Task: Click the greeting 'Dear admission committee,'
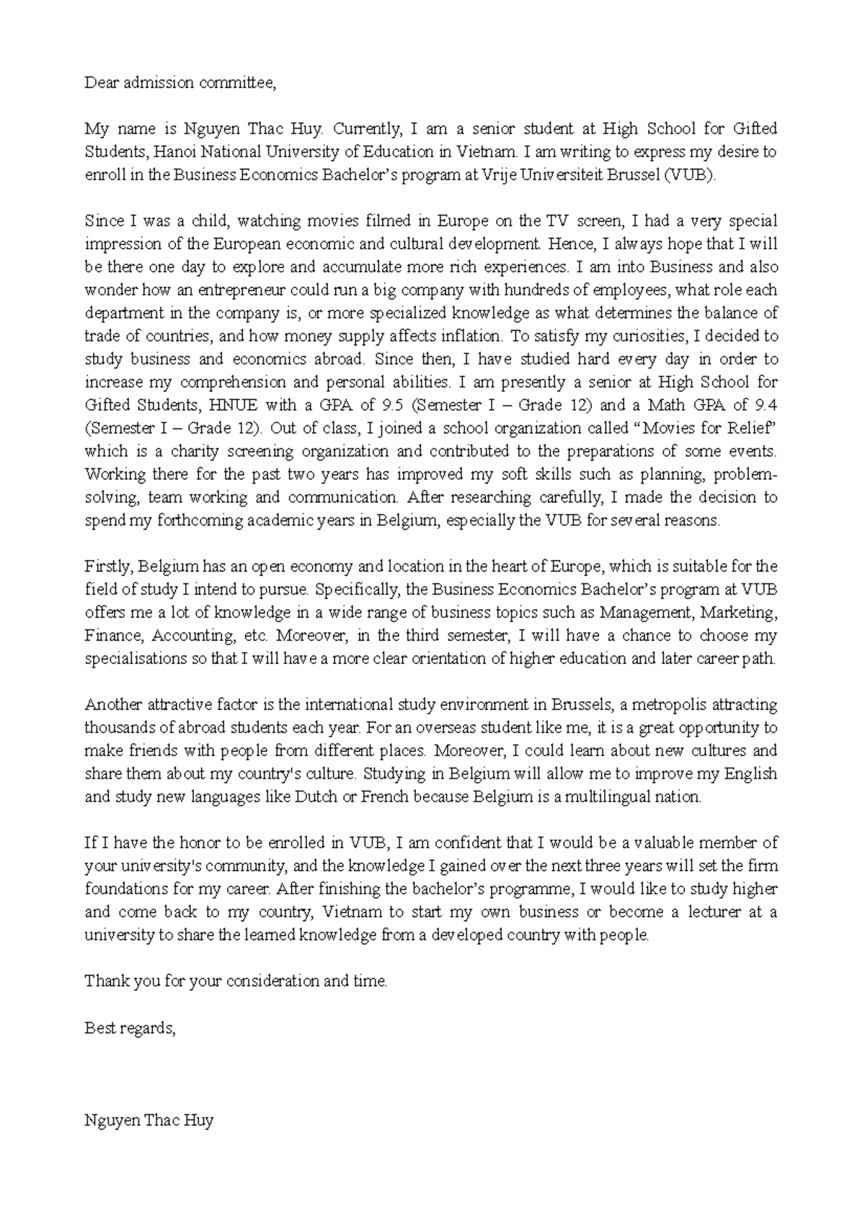coord(180,83)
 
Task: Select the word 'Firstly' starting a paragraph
coord(108,567)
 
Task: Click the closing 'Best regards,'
coord(130,1028)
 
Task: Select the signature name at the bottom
coord(148,1121)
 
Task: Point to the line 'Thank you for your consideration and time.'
coord(236,982)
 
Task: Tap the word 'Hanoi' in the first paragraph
coord(176,152)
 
